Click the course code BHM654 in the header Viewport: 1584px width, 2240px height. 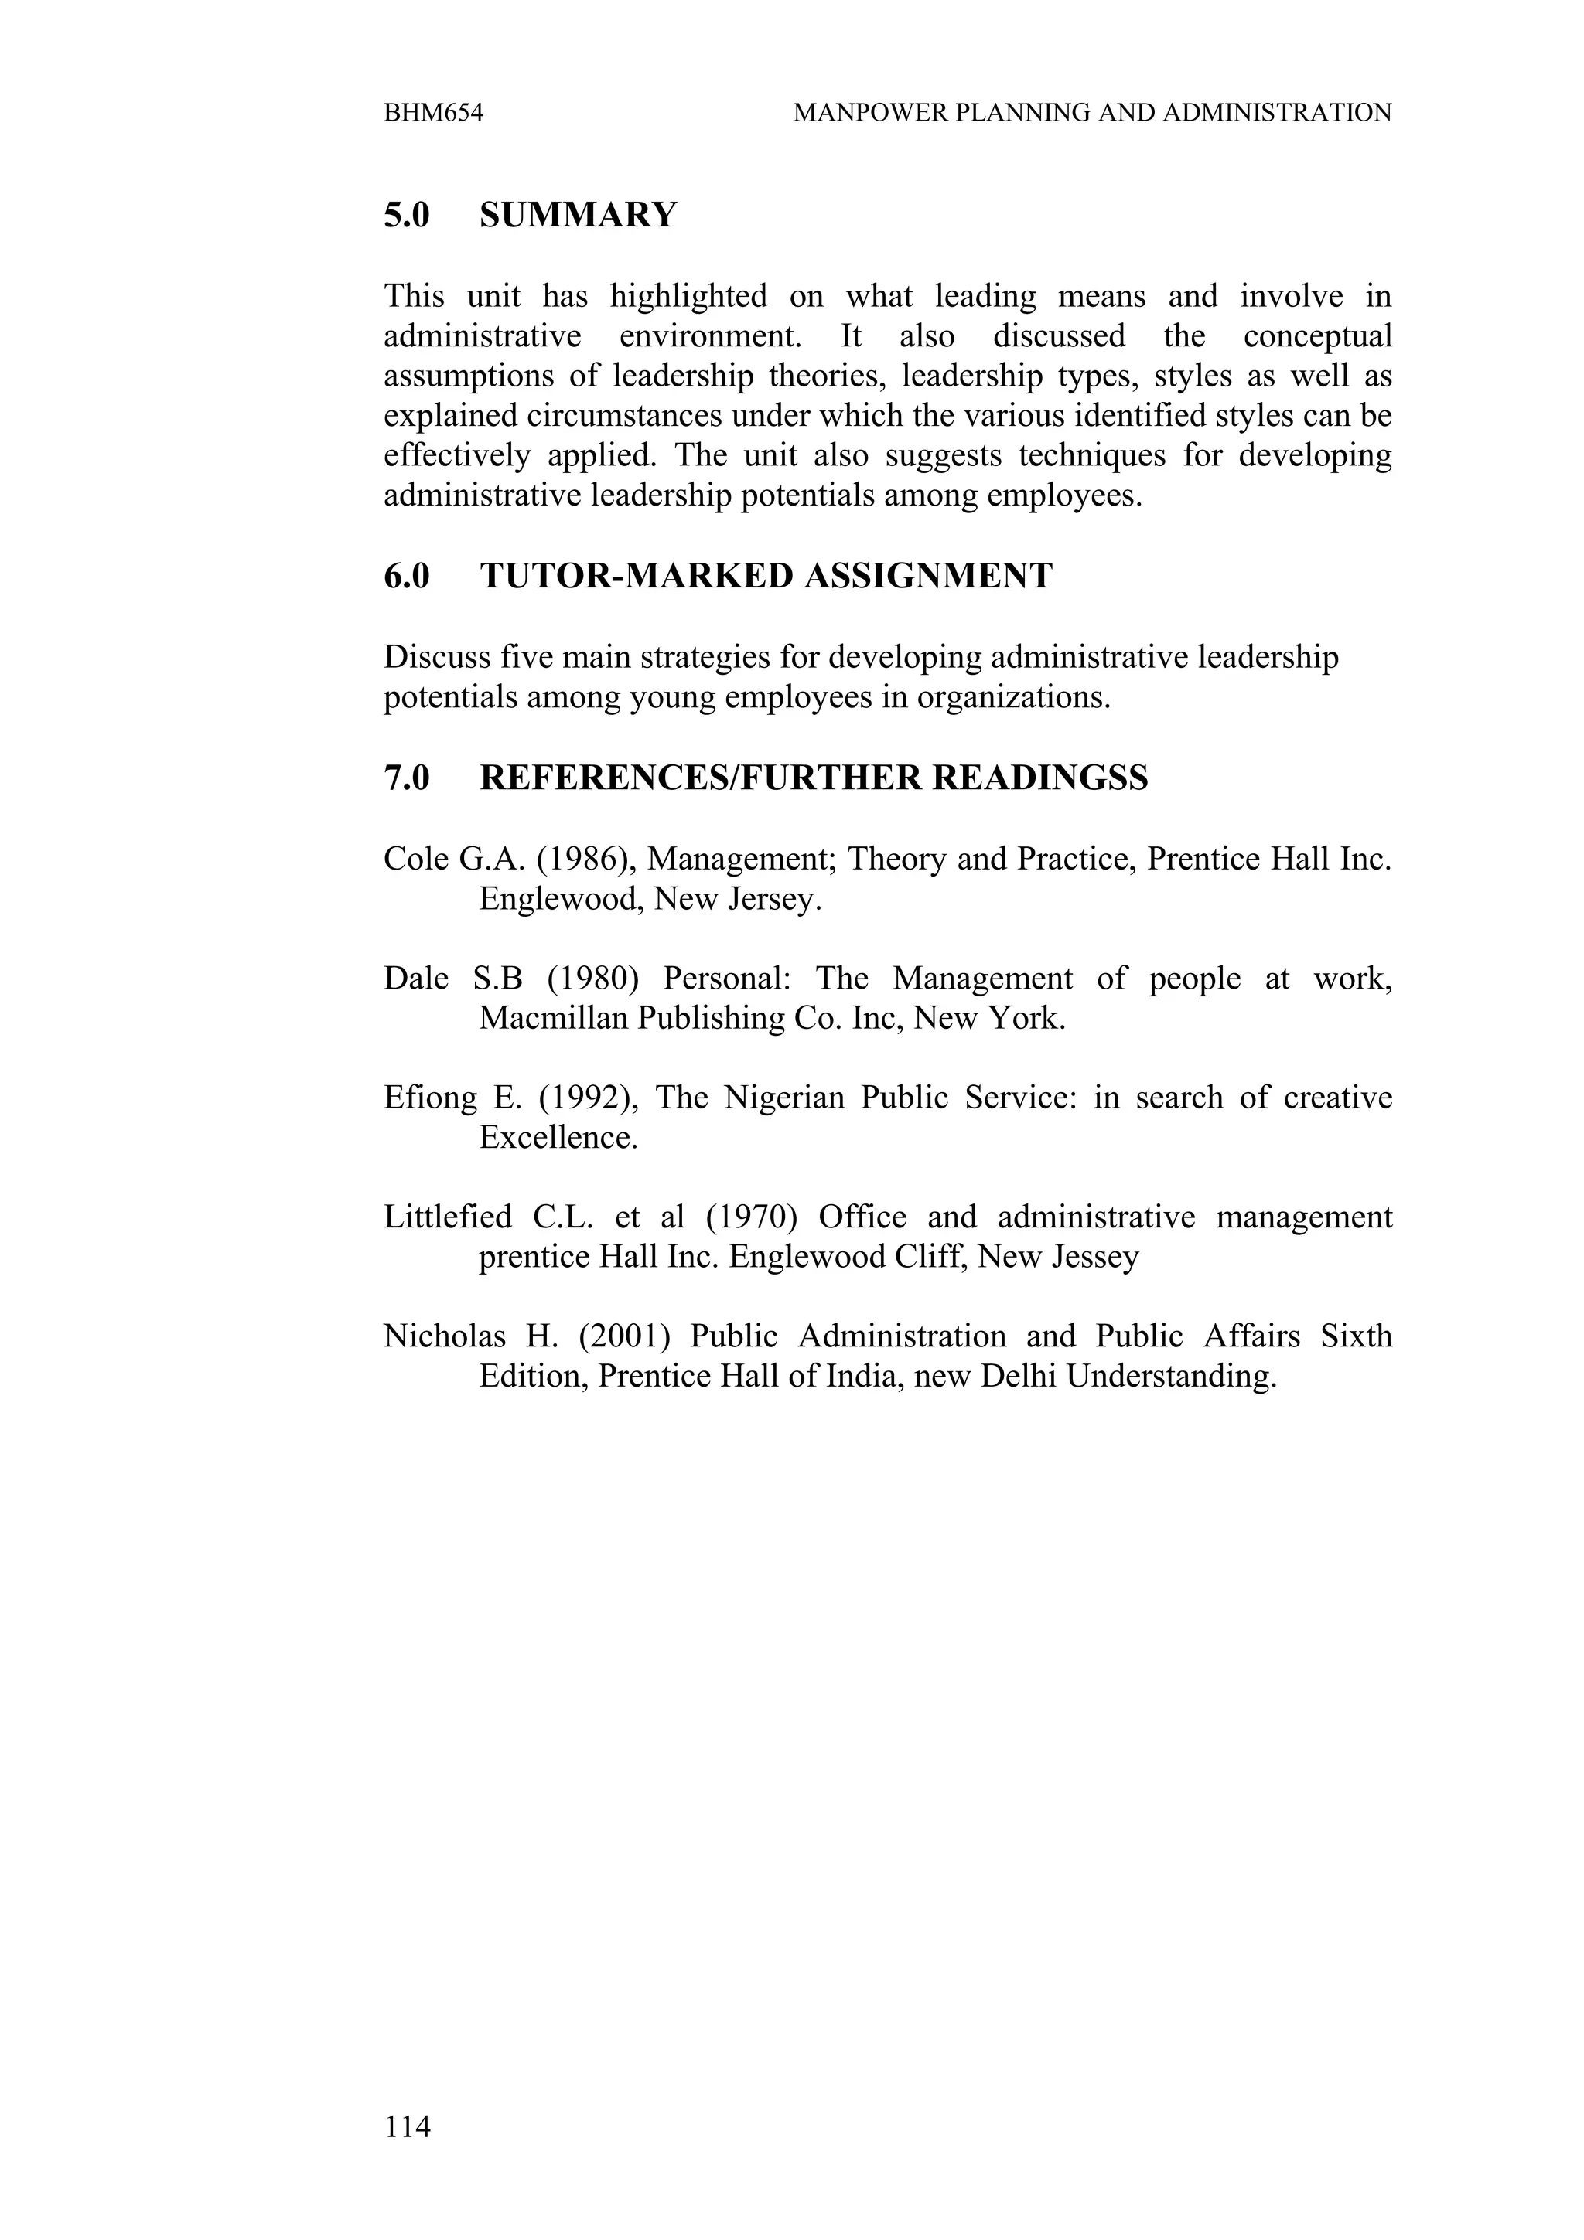[x=433, y=113]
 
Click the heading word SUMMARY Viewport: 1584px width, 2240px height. [x=578, y=215]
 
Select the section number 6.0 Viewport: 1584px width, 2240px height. [x=406, y=576]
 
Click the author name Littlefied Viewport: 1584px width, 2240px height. [x=447, y=1217]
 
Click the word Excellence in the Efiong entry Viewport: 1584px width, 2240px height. [x=558, y=1138]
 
